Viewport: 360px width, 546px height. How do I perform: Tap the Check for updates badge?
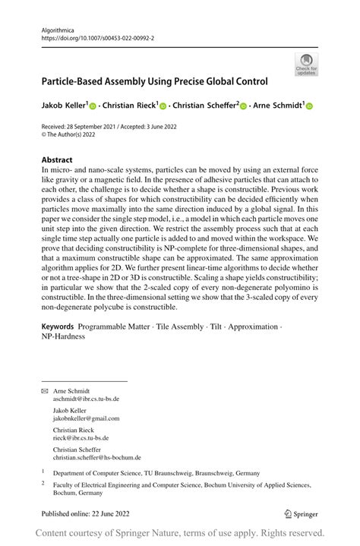(307, 65)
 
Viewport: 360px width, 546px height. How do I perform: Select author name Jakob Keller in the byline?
(64, 106)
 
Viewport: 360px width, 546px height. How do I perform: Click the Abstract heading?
(57, 160)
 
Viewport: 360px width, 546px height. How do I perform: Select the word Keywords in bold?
(58, 327)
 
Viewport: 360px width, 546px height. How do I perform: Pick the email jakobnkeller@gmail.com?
(86, 418)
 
